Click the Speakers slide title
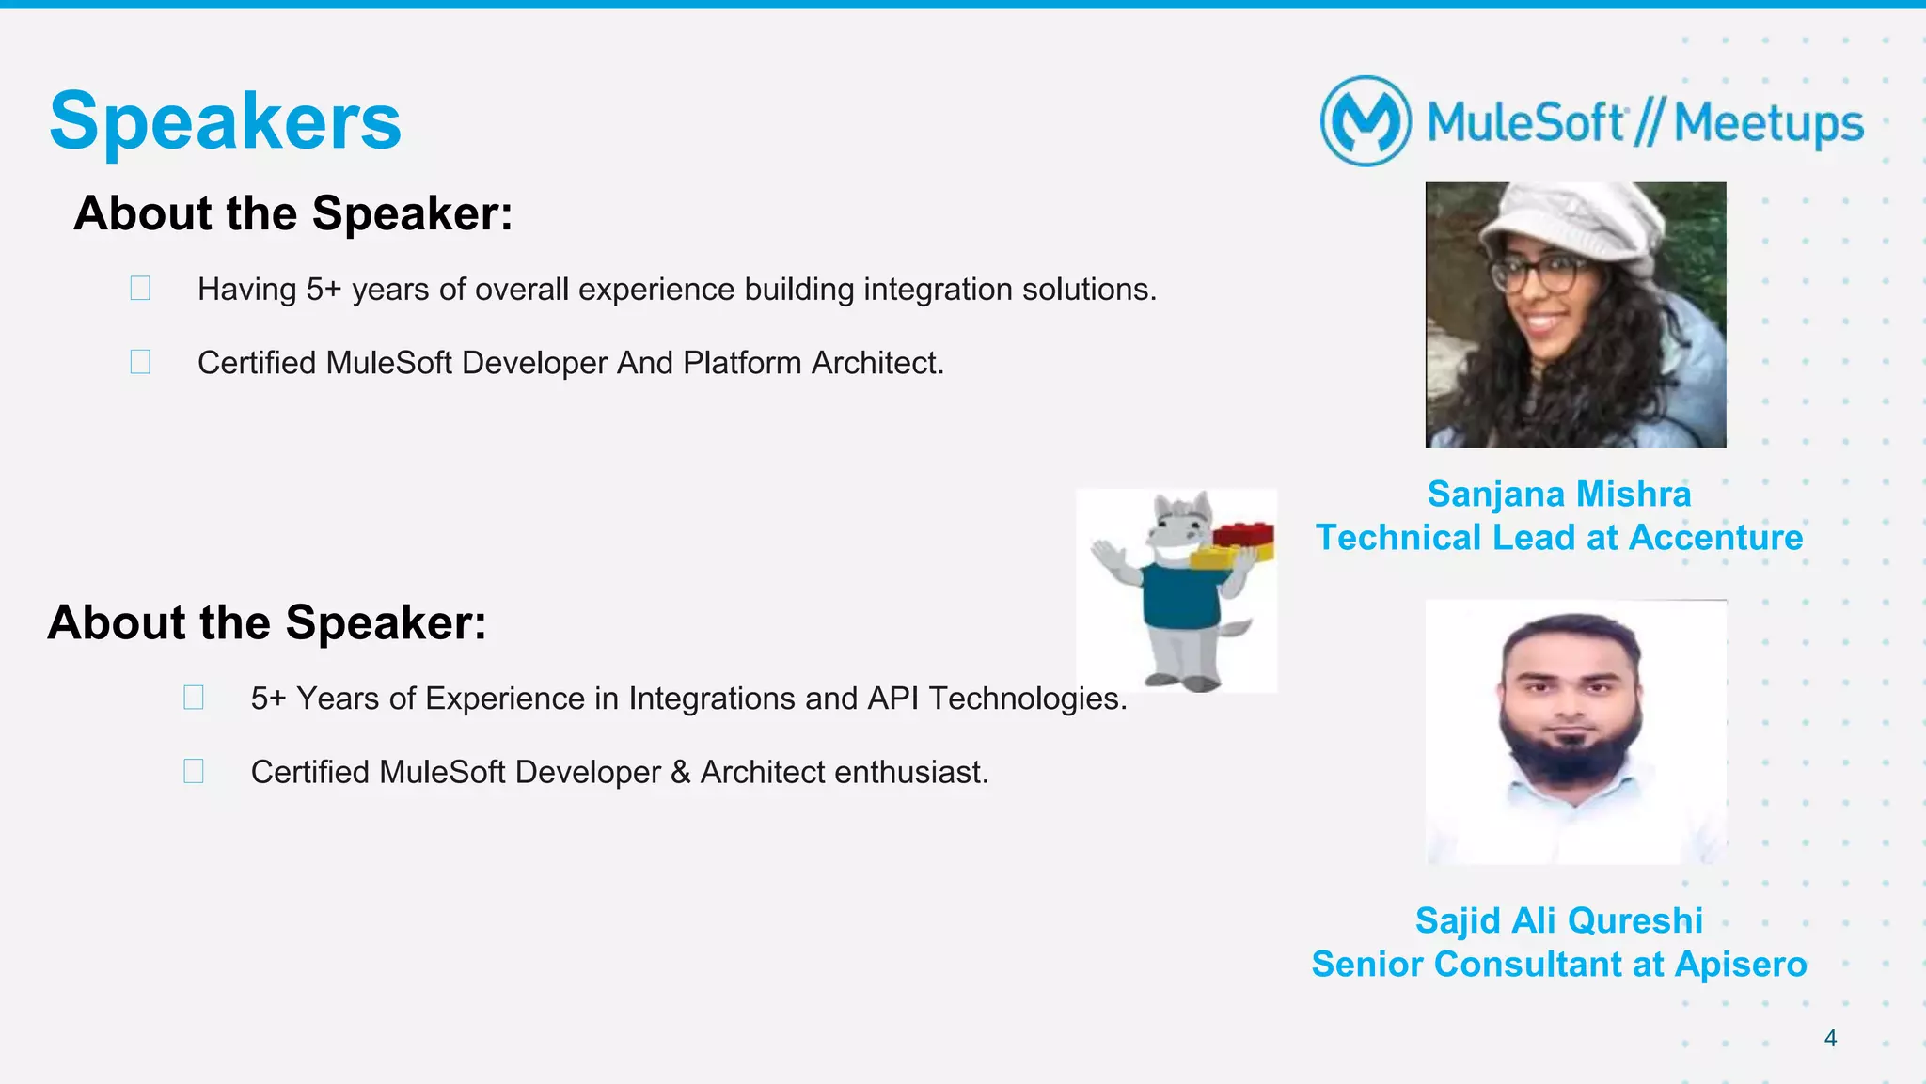(225, 121)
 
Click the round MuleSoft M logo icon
(1366, 121)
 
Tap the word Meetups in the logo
(1769, 123)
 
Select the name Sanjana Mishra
(1558, 495)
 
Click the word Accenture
(1715, 538)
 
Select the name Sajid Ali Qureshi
(1558, 920)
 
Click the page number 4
(1830, 1038)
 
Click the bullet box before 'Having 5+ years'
(140, 288)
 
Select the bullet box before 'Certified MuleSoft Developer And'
(140, 362)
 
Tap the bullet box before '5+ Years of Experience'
(194, 698)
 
